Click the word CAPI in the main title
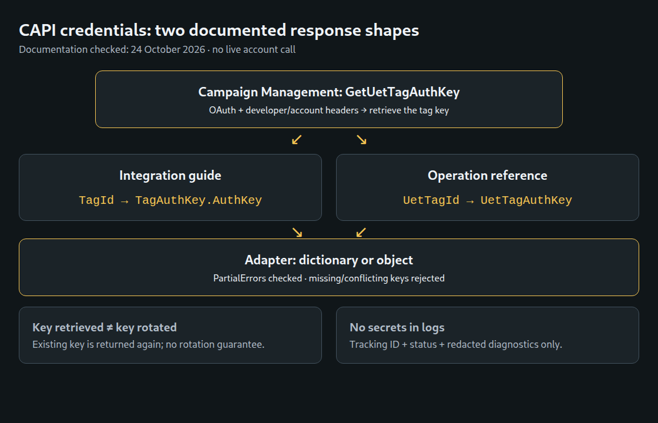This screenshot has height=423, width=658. tap(38, 31)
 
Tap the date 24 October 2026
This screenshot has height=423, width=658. tap(168, 49)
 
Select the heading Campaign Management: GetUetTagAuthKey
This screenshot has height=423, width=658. tap(329, 92)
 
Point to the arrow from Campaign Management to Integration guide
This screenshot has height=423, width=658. tap(297, 140)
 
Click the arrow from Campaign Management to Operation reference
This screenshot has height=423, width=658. tap(361, 140)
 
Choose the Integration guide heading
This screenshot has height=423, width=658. tap(170, 176)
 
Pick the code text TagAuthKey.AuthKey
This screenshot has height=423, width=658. tap(199, 200)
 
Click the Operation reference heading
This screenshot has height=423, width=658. tap(488, 176)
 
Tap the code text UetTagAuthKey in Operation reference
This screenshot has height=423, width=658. tap(526, 200)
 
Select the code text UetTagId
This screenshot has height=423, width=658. tap(431, 200)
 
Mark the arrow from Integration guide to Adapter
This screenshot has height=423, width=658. tap(297, 233)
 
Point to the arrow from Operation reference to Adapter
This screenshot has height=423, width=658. tap(361, 233)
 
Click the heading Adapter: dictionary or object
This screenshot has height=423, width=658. tap(329, 260)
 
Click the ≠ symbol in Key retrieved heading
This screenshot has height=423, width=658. tap(109, 328)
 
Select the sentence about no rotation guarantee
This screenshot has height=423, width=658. tap(149, 344)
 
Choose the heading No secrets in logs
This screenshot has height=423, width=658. tap(397, 327)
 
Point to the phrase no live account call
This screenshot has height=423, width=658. tap(254, 49)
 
